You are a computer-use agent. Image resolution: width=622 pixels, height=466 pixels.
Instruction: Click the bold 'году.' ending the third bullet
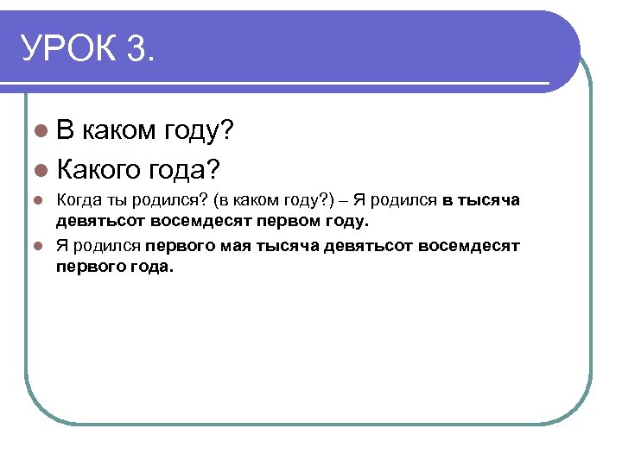click(348, 222)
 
